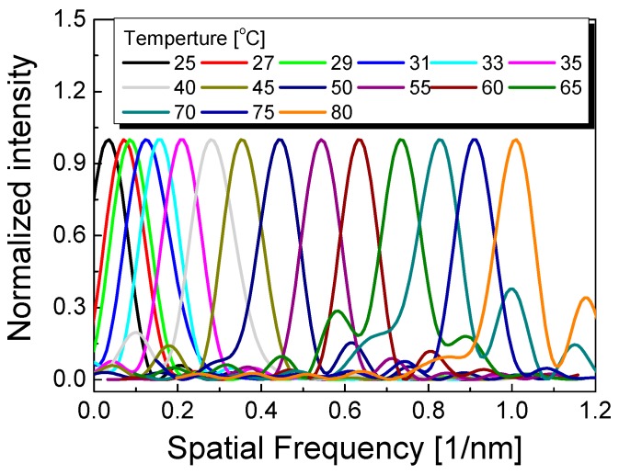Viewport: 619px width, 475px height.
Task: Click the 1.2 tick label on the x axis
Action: pos(595,407)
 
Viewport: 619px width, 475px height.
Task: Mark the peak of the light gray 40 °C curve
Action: pos(212,140)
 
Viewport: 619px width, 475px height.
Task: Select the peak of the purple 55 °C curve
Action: pos(321,140)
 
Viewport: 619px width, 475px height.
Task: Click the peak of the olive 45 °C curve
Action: pos(241,140)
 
